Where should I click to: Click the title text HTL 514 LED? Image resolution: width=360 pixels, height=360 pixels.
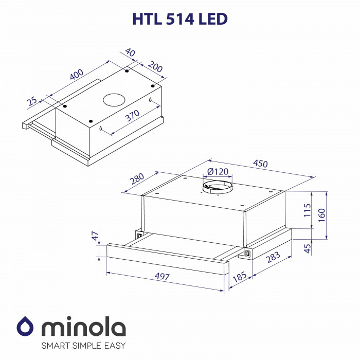tap(180, 19)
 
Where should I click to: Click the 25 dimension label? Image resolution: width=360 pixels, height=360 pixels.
tap(33, 101)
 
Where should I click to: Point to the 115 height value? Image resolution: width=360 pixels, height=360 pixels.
tap(308, 211)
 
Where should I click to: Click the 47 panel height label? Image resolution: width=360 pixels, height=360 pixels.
tap(94, 237)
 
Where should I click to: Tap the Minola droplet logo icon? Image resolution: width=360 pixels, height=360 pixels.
tap(25, 326)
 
